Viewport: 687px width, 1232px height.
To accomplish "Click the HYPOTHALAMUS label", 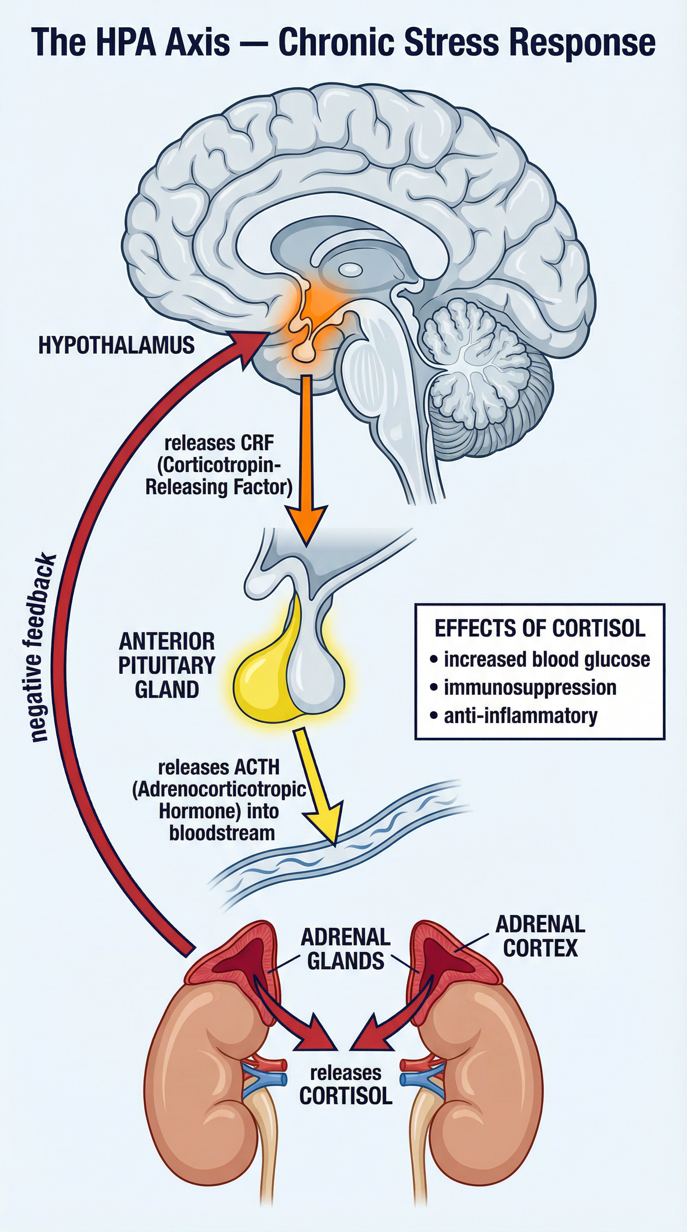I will click(x=116, y=345).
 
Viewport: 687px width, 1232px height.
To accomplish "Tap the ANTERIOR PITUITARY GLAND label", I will click(x=167, y=665).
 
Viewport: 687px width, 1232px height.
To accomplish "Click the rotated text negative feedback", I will click(x=42, y=648).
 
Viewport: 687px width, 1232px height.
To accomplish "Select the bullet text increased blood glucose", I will click(x=547, y=659).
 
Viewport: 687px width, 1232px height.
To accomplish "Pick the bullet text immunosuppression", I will click(x=530, y=688).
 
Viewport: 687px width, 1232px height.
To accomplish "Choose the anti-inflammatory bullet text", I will click(x=520, y=716).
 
